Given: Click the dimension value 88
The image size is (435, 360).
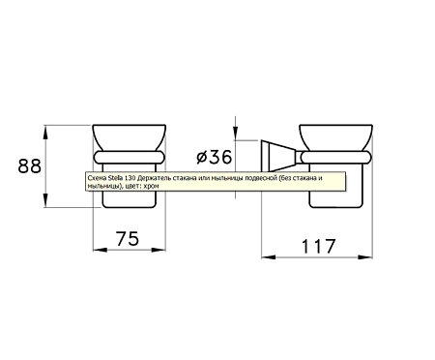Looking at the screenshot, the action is (29, 166).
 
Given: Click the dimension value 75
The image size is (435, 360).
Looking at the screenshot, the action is (128, 239).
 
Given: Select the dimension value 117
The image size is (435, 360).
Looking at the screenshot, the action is (318, 247).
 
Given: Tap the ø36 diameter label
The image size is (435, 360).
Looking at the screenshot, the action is (215, 157).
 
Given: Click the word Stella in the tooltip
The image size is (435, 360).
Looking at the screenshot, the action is (113, 178).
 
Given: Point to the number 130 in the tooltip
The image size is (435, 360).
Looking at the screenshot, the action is (124, 178).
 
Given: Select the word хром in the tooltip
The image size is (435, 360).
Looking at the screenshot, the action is (153, 186).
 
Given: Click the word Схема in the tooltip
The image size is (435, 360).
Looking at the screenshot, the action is (97, 178).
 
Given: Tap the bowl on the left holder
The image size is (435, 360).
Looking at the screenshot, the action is (130, 137).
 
